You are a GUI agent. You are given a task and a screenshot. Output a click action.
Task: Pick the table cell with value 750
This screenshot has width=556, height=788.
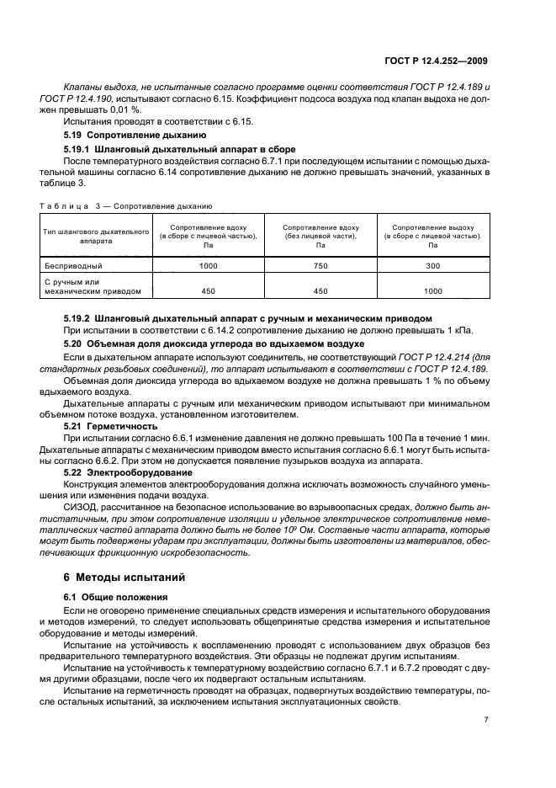(x=321, y=265)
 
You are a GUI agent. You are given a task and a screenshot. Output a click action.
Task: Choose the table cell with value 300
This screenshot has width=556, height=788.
(x=433, y=265)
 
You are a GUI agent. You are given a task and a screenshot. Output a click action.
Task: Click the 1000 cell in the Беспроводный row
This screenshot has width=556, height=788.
(x=208, y=265)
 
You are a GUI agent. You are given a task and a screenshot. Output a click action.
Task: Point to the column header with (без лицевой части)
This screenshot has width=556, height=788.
(x=321, y=234)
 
